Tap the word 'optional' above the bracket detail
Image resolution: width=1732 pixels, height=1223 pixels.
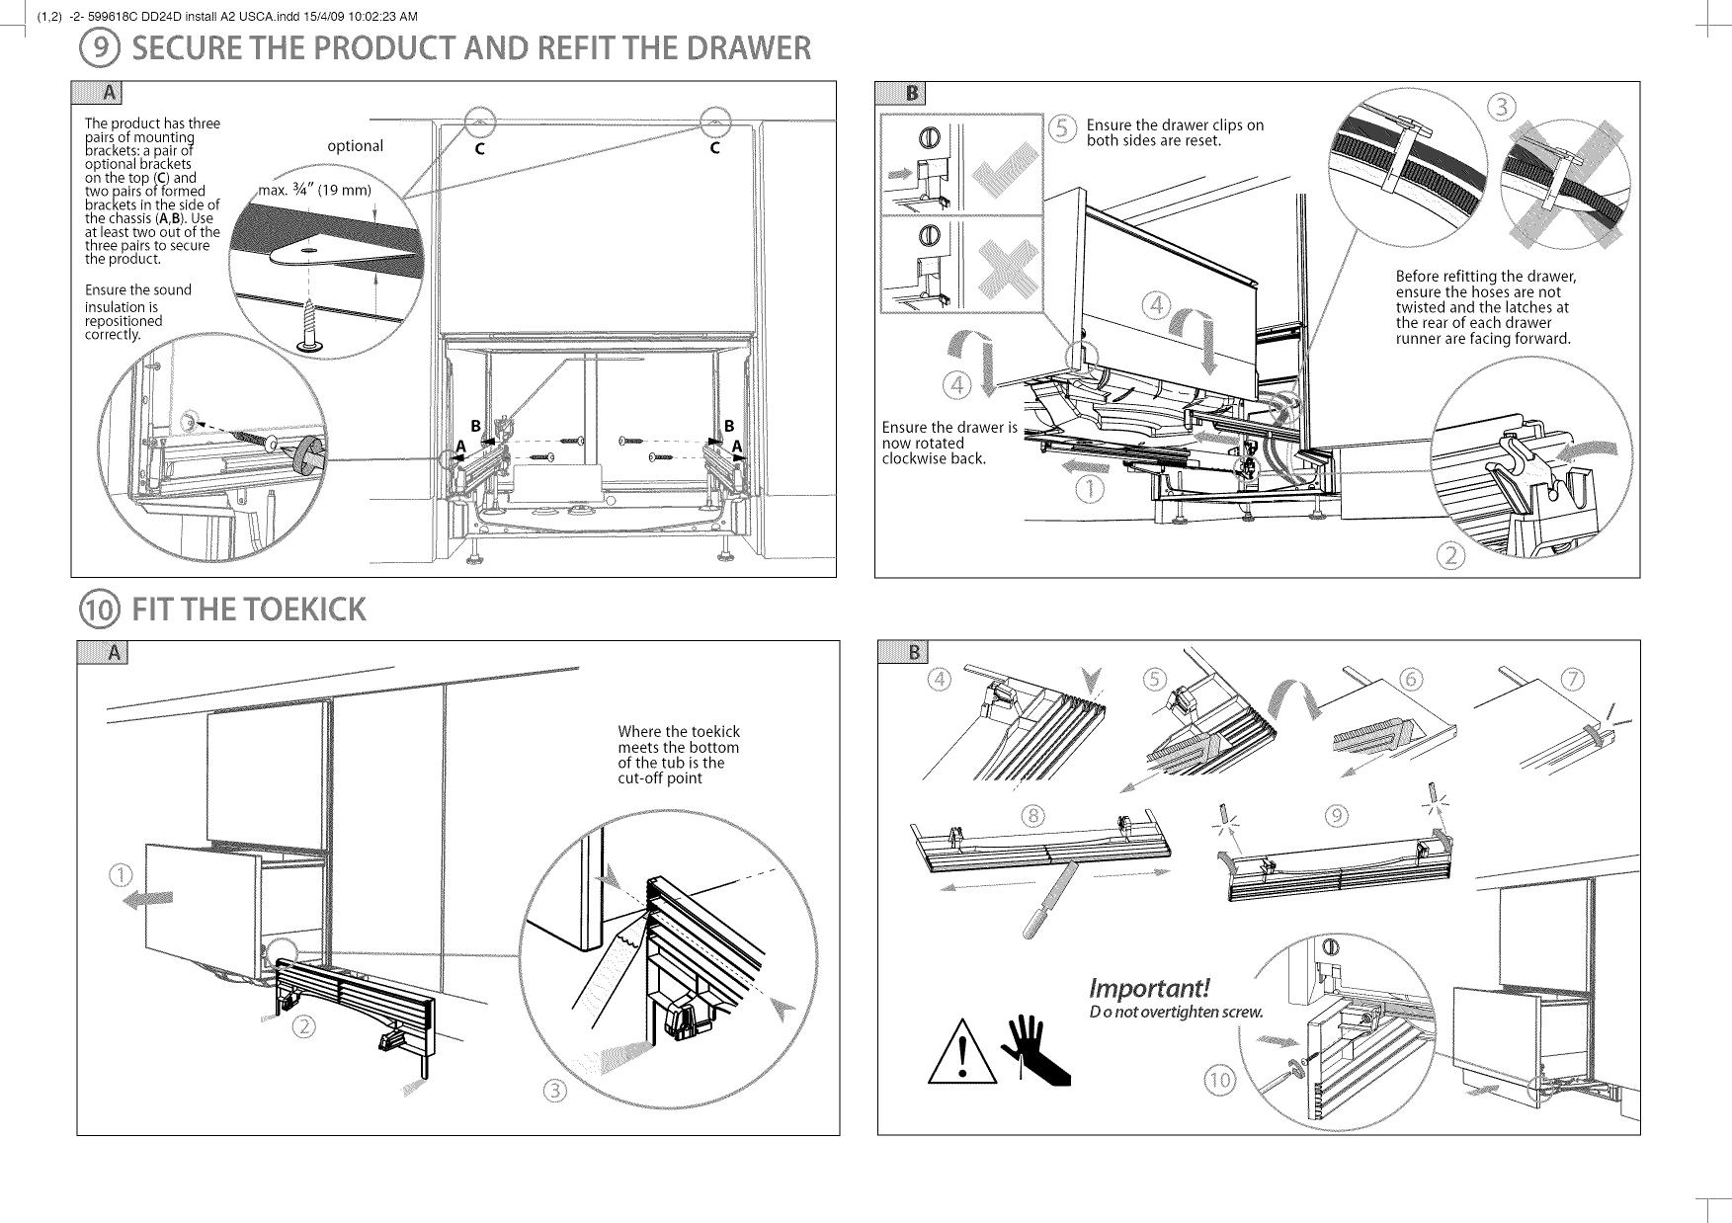pos(355,146)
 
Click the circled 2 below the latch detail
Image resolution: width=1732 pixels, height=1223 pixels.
pos(1451,558)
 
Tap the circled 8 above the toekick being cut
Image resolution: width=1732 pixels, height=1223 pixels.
pos(1033,815)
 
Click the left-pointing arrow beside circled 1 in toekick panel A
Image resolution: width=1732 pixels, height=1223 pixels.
pos(156,897)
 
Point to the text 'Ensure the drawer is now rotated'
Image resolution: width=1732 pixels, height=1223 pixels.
pos(949,435)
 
